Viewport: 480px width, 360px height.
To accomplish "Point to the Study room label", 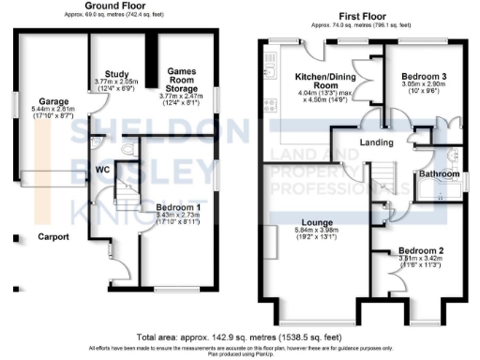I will pos(116,75).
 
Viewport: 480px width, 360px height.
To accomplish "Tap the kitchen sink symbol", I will pos(271,68).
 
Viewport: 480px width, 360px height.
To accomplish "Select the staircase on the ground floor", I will pos(121,193).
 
